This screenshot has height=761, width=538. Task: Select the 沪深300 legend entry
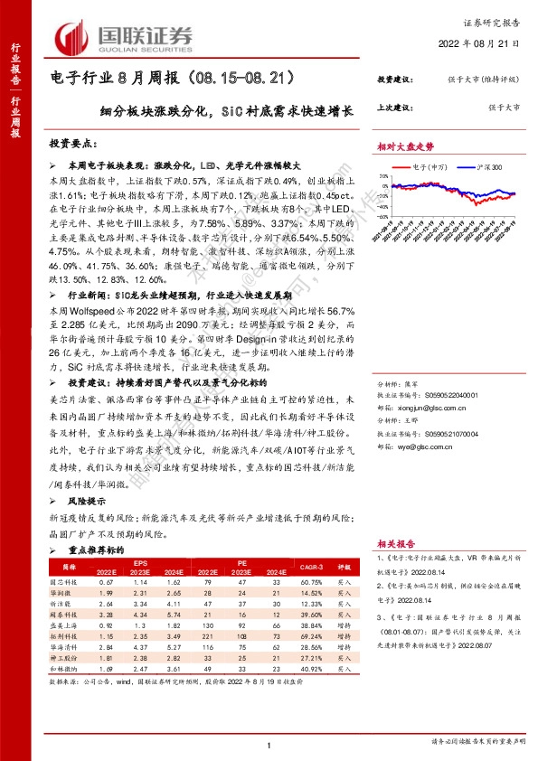pos(472,166)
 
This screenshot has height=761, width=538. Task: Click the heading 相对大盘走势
pos(405,145)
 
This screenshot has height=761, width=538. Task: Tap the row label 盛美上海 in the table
pos(61,624)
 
